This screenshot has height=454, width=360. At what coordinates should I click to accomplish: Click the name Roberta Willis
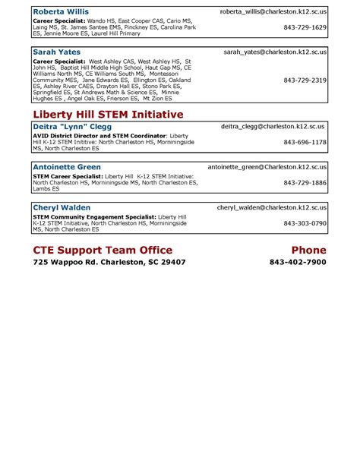(61, 12)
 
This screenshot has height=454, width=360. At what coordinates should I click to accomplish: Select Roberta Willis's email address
(273, 12)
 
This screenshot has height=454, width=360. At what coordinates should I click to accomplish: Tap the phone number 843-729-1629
(305, 27)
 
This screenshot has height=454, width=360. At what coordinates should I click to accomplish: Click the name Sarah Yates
(57, 52)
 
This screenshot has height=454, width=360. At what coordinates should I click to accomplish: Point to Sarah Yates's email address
(276, 52)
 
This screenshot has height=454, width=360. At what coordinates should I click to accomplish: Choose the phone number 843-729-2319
(305, 80)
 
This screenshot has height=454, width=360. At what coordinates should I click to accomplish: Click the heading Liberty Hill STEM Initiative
(108, 114)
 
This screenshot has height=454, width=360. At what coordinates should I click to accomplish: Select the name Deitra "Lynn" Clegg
(72, 127)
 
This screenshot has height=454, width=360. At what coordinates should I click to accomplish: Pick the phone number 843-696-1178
(305, 142)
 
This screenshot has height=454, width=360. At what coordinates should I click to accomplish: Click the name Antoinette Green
(68, 167)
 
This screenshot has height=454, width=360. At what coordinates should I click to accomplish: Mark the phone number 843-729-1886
(305, 182)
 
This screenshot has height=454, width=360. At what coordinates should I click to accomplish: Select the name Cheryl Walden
(62, 207)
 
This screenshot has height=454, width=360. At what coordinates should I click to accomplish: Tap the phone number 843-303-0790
(305, 223)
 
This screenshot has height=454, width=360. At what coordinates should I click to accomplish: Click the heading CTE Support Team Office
(103, 250)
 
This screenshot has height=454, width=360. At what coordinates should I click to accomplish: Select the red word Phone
(308, 250)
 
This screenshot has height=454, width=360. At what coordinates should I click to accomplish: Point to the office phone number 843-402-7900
(298, 263)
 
